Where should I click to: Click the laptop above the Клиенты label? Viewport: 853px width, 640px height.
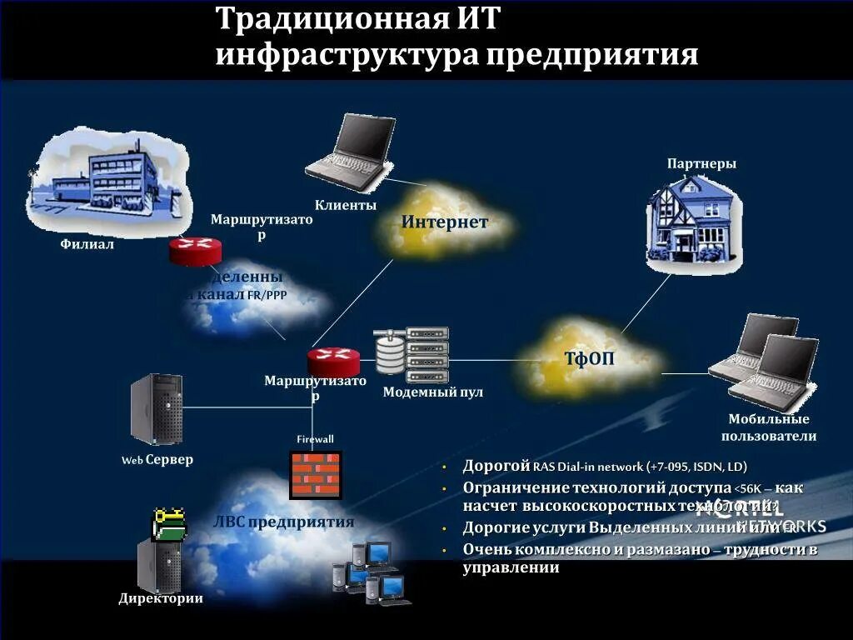point(351,147)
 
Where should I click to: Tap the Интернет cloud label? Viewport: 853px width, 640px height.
point(444,222)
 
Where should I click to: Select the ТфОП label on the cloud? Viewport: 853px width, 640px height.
point(589,359)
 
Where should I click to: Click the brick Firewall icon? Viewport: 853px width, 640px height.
point(316,474)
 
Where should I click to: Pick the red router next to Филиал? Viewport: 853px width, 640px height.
point(196,250)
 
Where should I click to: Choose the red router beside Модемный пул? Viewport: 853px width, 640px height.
point(333,361)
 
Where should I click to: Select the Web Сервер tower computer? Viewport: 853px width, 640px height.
point(156,409)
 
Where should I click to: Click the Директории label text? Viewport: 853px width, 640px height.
point(161,598)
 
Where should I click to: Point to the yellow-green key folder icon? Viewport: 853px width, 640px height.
point(169,524)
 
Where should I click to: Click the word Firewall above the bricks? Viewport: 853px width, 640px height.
point(315,439)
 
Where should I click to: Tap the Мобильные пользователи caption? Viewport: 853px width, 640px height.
point(768,427)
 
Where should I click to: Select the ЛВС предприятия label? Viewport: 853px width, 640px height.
point(283,522)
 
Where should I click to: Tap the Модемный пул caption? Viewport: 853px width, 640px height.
point(432,392)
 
